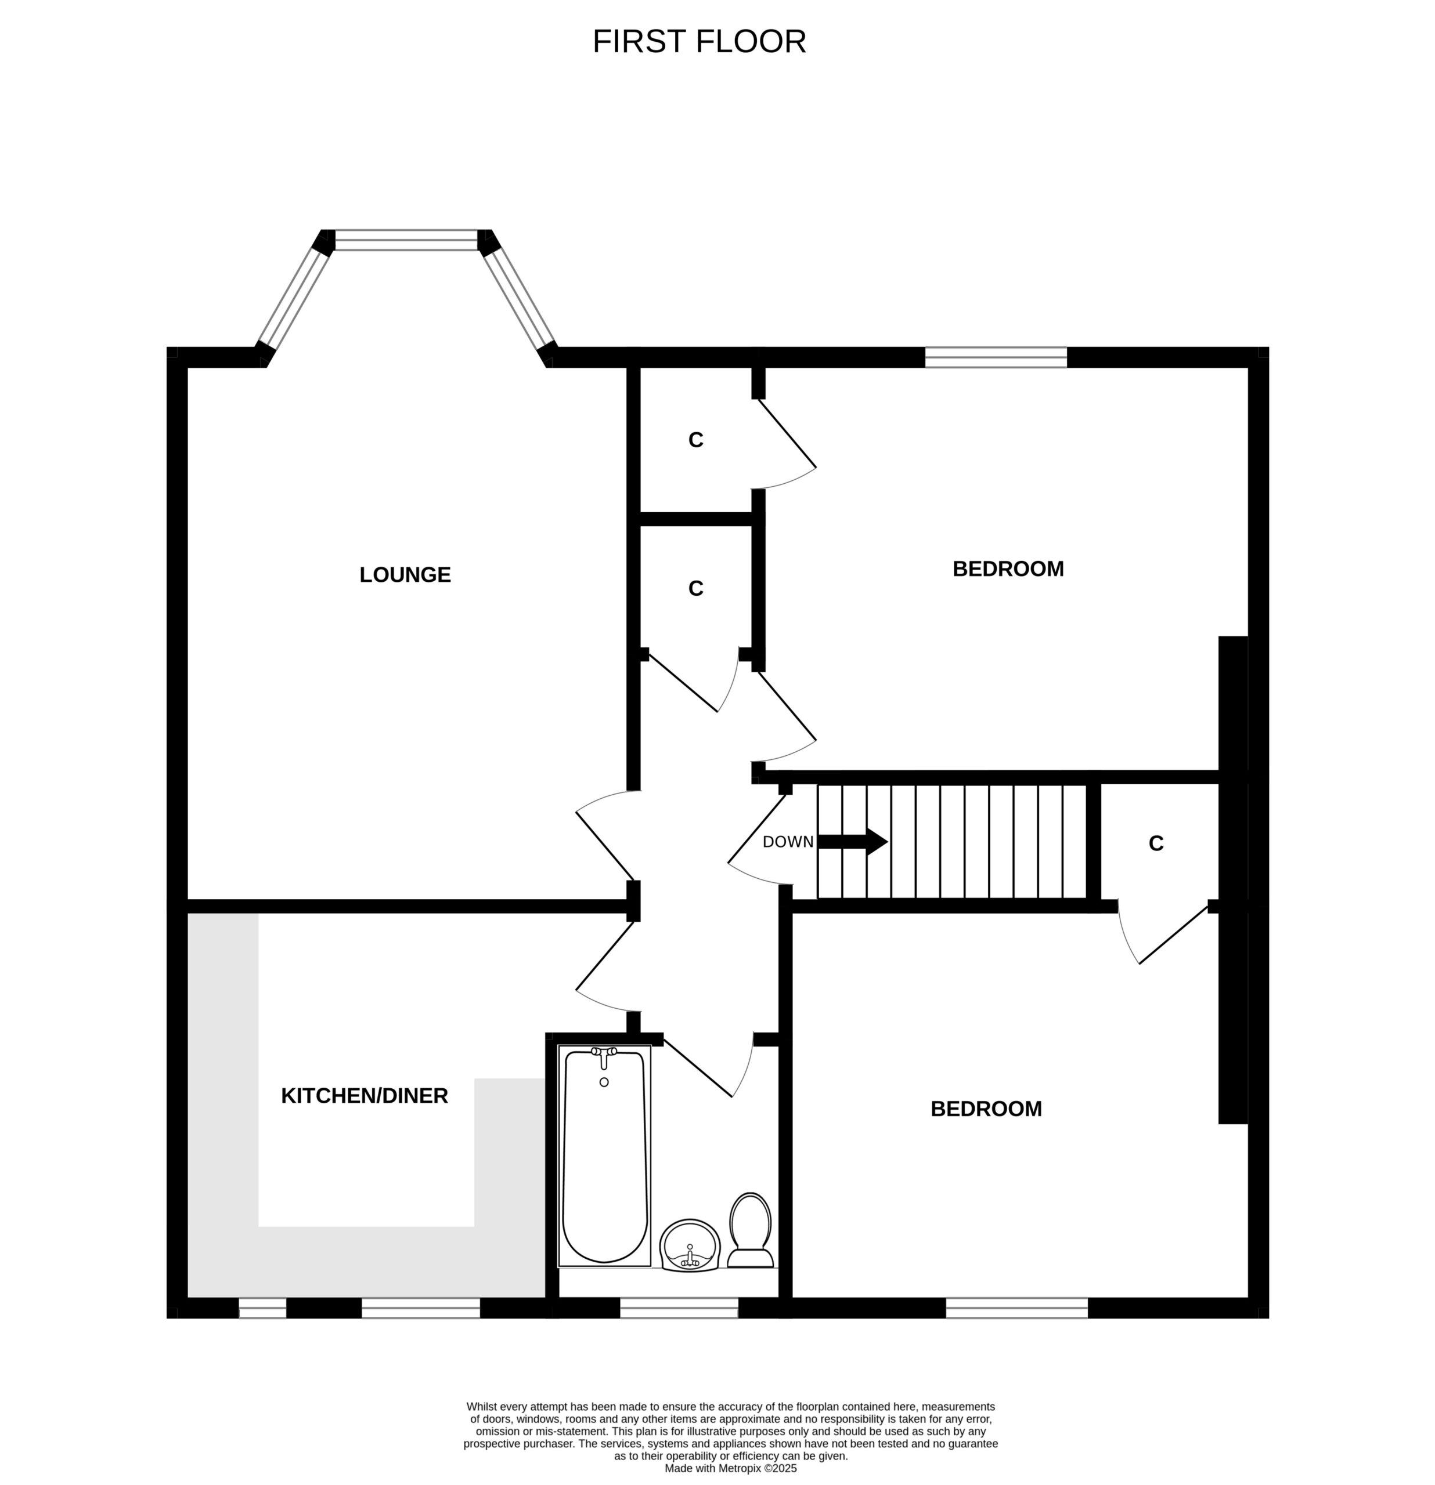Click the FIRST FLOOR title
tap(698, 42)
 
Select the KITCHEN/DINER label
tap(365, 1096)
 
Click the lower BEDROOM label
tap(986, 1109)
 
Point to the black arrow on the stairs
tap(853, 841)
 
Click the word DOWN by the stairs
tap(788, 842)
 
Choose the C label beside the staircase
tap(1155, 843)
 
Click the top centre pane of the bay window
tap(406, 240)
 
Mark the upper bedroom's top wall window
tap(996, 357)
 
